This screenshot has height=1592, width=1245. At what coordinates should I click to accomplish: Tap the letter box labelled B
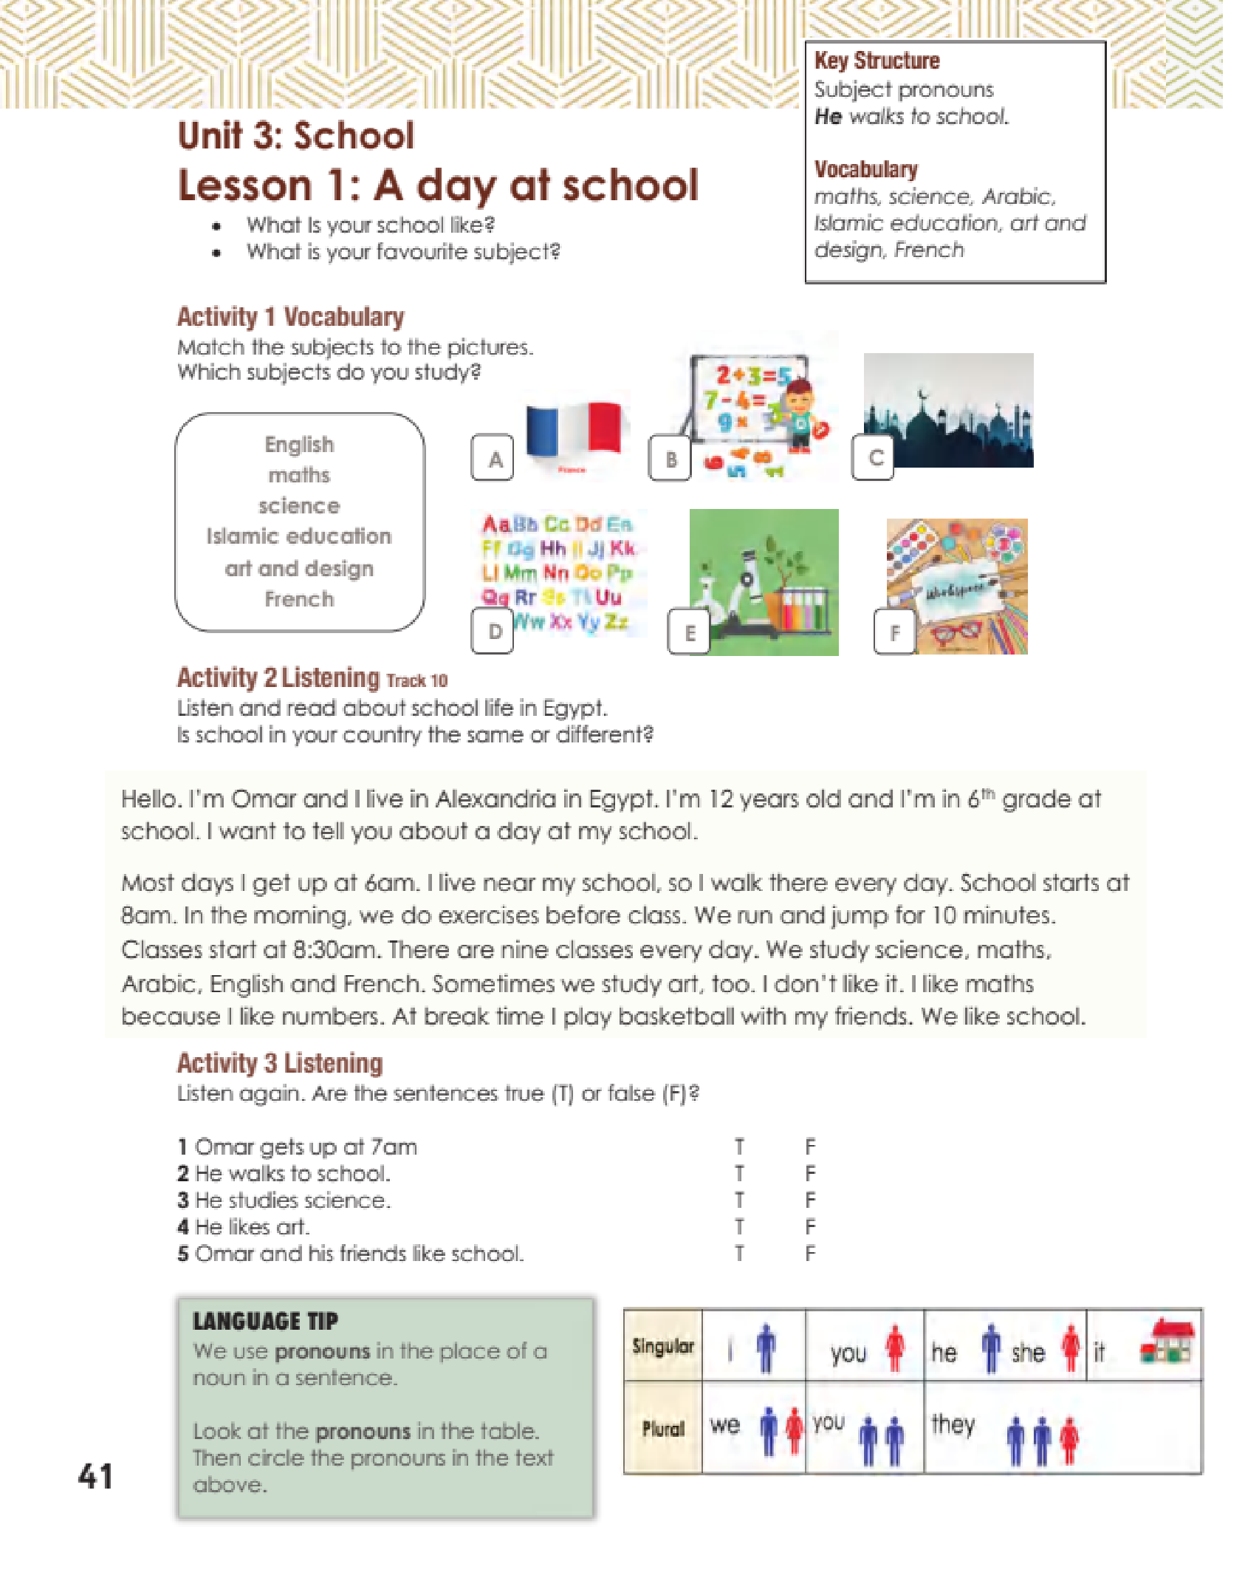670,458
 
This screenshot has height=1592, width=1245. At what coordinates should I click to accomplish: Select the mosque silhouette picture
948,410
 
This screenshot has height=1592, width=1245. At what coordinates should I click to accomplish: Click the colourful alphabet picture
559,573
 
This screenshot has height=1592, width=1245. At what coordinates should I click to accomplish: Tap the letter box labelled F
894,632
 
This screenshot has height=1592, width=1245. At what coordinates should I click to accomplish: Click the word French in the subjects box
299,598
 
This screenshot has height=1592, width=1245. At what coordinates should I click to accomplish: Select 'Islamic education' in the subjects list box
299,536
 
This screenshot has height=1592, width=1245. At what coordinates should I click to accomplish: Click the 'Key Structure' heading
877,61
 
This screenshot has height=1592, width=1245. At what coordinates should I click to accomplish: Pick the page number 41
95,1477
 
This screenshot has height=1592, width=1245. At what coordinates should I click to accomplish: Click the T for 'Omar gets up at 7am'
739,1147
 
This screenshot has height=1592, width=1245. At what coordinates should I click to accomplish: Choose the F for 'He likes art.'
810,1226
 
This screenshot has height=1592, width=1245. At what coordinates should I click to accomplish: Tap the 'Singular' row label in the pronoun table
663,1346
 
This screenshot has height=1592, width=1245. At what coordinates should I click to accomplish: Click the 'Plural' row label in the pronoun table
663,1429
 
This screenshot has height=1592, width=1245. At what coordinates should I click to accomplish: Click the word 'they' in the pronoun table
953,1423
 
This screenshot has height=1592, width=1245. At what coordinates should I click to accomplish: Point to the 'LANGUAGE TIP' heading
265,1321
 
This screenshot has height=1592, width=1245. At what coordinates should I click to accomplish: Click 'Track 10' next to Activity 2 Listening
416,680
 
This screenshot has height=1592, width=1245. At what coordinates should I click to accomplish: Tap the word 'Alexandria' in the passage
495,799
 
